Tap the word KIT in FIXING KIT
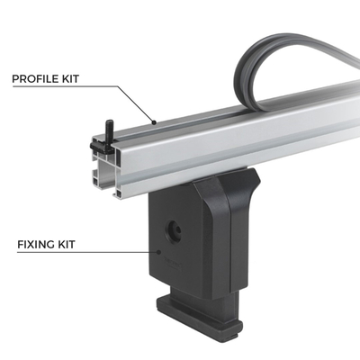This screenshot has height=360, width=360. pyautogui.click(x=76, y=244)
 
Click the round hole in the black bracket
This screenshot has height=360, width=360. pyautogui.click(x=170, y=231)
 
